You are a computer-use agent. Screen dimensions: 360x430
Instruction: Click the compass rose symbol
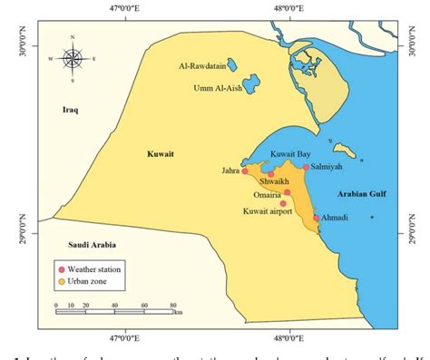point(73,58)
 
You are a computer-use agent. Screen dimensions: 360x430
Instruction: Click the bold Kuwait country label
point(160,155)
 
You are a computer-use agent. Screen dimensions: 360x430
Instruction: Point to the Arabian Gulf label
point(364,194)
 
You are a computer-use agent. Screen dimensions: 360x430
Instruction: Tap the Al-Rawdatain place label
point(201,65)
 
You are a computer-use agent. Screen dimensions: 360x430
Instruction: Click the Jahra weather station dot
point(245,170)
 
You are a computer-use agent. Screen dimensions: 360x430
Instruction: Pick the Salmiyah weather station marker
point(307,168)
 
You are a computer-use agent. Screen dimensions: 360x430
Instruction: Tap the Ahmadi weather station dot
point(317,218)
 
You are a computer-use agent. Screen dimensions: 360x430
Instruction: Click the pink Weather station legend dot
point(61,269)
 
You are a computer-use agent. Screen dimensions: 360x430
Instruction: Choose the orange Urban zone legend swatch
point(61,282)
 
